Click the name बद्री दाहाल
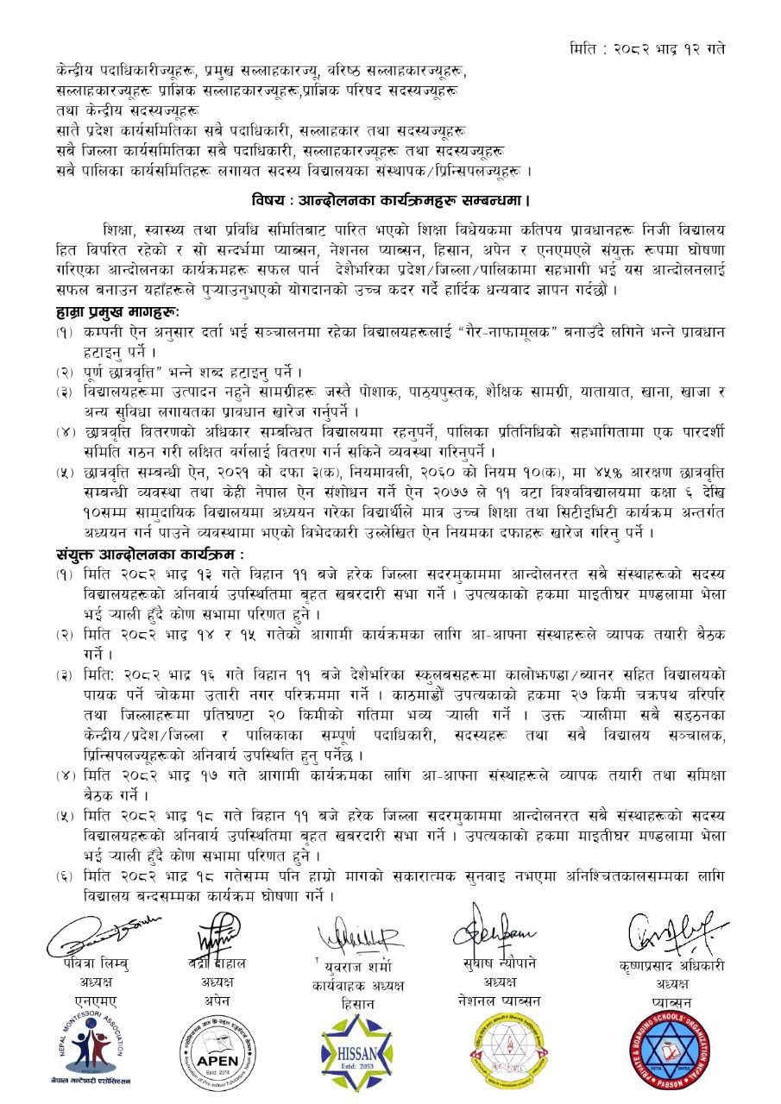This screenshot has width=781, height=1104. [x=218, y=963]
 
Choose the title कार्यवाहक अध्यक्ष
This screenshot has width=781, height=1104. [x=358, y=985]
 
